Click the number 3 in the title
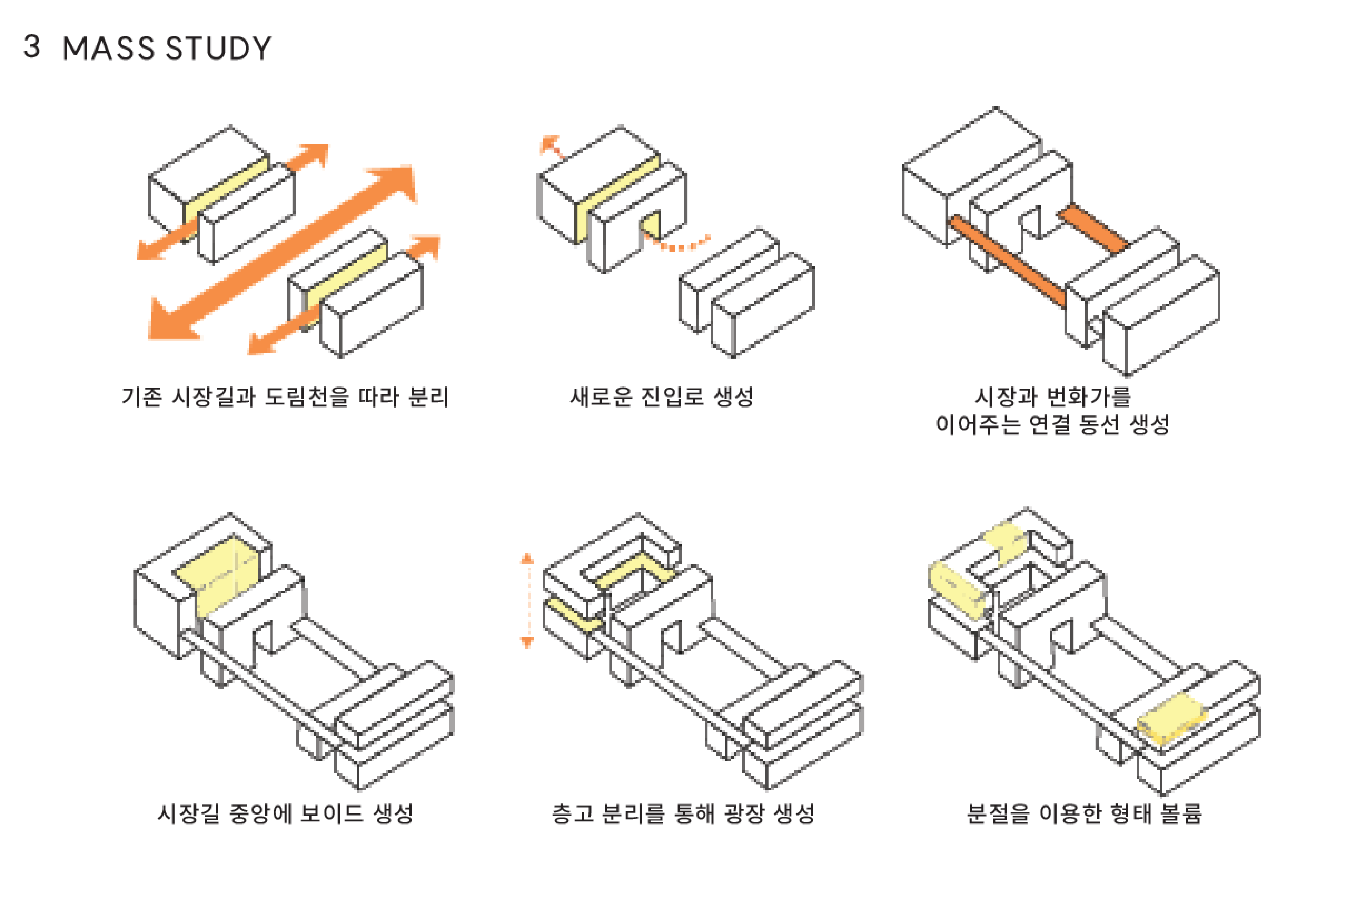point(32,46)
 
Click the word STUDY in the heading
point(219,48)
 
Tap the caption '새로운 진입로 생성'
point(662,397)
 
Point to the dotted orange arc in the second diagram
point(681,245)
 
